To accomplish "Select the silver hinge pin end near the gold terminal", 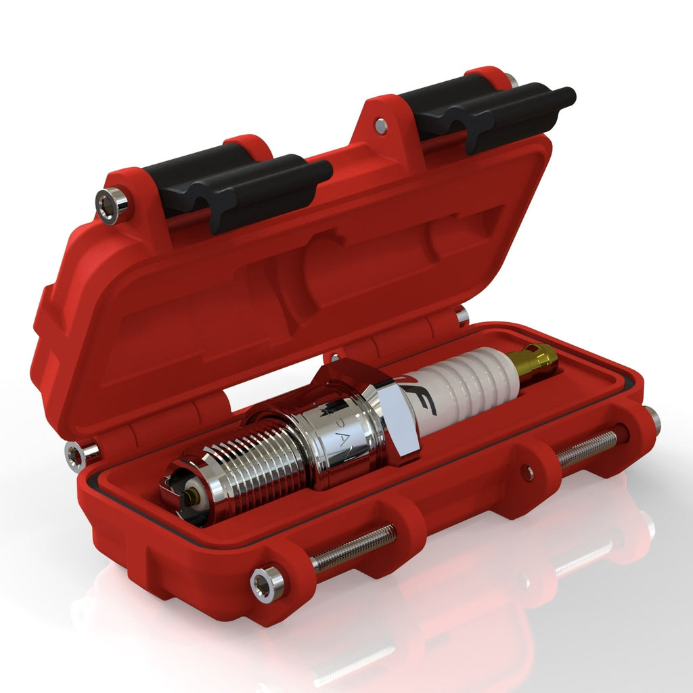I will (462, 315).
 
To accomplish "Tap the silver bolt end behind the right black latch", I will (512, 80).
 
